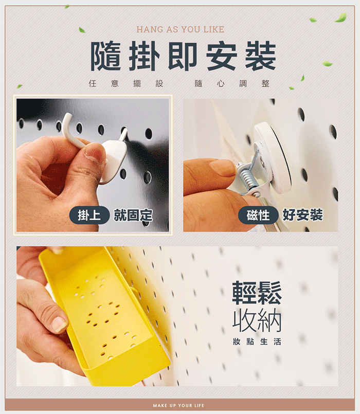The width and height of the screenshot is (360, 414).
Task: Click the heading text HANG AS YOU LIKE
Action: [180, 29]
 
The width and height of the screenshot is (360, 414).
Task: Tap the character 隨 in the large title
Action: [106, 56]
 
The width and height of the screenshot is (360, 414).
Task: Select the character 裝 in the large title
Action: [260, 56]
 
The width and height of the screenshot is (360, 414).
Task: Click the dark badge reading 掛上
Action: [89, 215]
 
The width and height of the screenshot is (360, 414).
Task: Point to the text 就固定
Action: [133, 215]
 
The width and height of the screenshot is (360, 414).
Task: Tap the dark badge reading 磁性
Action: [258, 215]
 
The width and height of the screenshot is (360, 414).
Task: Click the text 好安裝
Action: [303, 215]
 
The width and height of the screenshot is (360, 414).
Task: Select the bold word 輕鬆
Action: [257, 293]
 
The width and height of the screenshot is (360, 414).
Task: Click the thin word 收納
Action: [257, 320]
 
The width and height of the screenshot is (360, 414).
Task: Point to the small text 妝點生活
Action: [257, 341]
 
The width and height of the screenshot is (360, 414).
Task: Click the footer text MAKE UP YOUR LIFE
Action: [178, 405]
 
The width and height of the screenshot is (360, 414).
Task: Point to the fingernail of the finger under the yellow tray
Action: [60, 324]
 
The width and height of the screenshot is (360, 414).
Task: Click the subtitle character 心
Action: [221, 84]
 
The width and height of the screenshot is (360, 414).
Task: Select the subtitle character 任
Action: [93, 83]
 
